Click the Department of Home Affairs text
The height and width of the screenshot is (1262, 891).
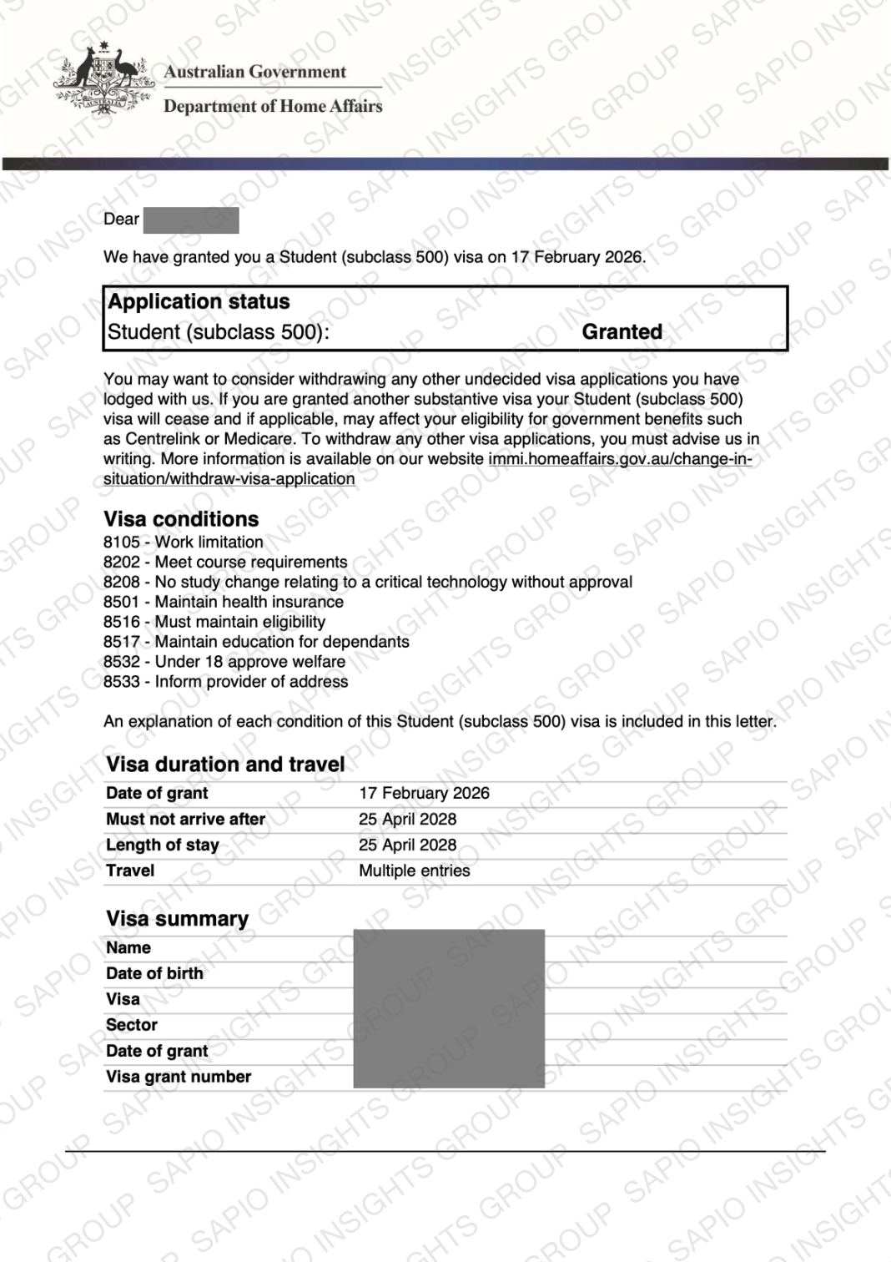(x=273, y=106)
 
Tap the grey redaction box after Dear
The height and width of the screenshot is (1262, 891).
(x=191, y=220)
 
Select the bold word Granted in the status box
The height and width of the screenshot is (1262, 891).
(x=622, y=332)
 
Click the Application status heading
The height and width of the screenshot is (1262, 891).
(x=199, y=301)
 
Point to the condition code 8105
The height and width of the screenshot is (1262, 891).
(x=122, y=543)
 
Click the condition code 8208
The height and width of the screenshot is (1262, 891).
(x=122, y=582)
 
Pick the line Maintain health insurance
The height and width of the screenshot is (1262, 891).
(x=249, y=602)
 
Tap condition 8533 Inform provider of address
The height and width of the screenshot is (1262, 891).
(x=226, y=682)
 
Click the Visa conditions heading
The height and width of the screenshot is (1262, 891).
(x=181, y=519)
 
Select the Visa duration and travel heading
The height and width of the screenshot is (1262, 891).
(x=225, y=765)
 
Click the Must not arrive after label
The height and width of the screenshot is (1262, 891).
(x=185, y=819)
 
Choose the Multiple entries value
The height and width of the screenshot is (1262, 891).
(x=414, y=871)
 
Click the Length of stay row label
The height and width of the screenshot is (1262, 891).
(x=162, y=845)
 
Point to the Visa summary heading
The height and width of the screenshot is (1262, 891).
(x=177, y=919)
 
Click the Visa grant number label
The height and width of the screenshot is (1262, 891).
(x=178, y=1077)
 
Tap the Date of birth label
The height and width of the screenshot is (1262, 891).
(x=154, y=973)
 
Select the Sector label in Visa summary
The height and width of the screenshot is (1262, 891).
(x=131, y=1025)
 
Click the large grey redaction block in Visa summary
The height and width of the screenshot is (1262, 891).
(x=449, y=1008)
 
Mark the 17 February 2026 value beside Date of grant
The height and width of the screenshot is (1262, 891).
(x=424, y=793)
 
